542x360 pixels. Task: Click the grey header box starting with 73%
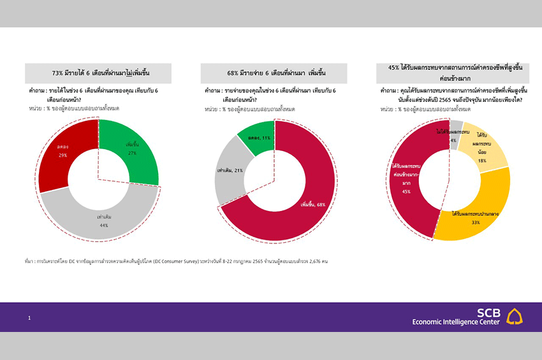pyautogui.click(x=98, y=73)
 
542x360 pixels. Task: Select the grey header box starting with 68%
pyautogui.click(x=274, y=73)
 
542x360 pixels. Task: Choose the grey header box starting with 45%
pyautogui.click(x=450, y=72)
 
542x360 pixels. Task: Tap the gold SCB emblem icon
pyautogui.click(x=515, y=316)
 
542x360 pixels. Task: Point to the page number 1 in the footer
pyautogui.click(x=29, y=317)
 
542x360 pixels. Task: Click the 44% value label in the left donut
pyautogui.click(x=103, y=225)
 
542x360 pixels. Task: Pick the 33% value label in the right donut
pyautogui.click(x=476, y=223)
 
